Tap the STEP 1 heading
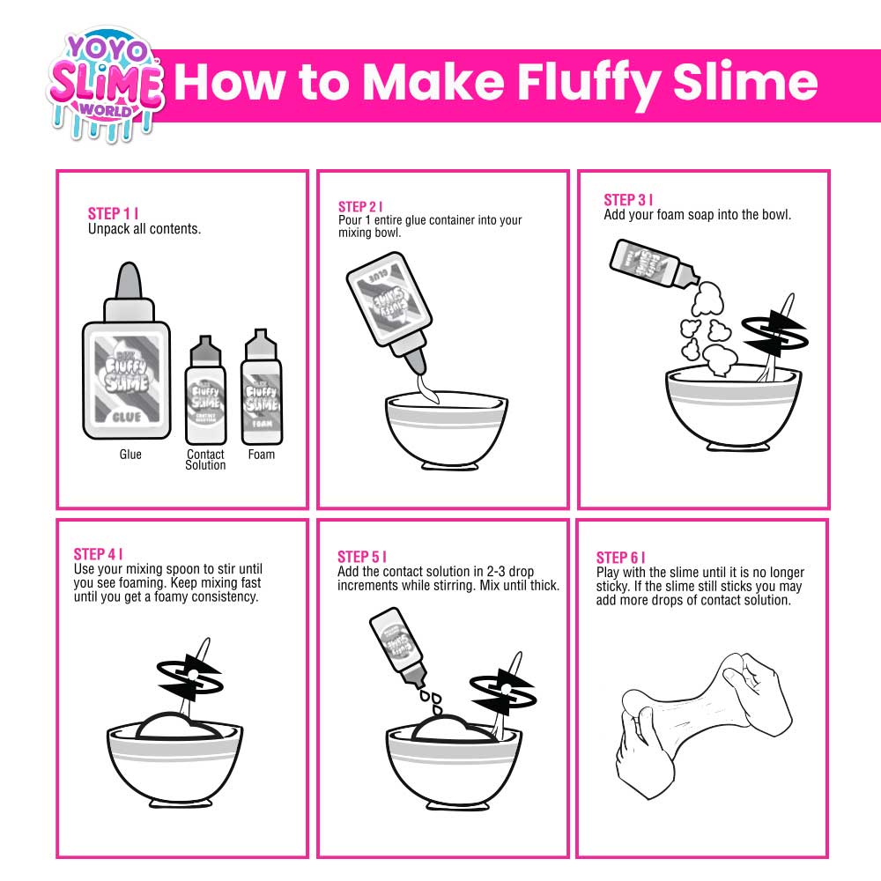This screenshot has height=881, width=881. (112, 214)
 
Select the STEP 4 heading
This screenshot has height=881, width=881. (97, 554)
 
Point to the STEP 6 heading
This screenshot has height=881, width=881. (619, 558)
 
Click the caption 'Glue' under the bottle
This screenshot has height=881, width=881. (130, 455)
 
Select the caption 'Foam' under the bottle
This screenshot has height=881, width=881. (262, 455)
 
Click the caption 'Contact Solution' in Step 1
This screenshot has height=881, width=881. (205, 460)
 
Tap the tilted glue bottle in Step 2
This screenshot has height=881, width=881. (389, 304)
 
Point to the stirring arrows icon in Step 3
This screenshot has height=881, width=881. (769, 328)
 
